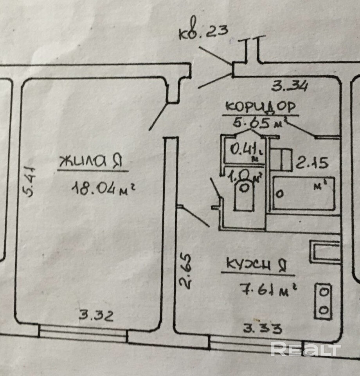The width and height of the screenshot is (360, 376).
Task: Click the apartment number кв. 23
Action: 203,32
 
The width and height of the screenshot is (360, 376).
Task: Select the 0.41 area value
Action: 242,149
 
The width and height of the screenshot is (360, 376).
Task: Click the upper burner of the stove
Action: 324,291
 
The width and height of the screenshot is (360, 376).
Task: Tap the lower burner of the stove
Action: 324,309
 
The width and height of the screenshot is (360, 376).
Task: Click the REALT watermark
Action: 306,349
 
